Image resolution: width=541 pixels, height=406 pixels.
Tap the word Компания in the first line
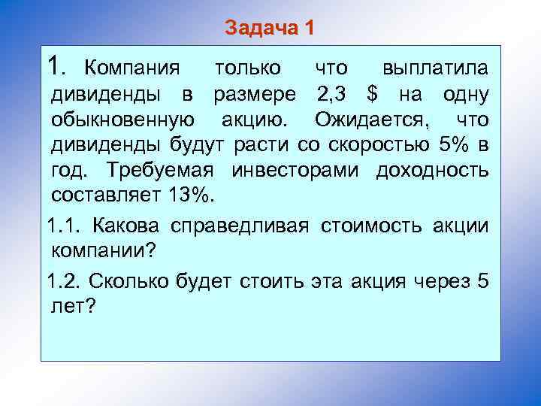(x=131, y=68)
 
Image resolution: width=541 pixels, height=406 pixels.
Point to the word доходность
(x=432, y=170)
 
